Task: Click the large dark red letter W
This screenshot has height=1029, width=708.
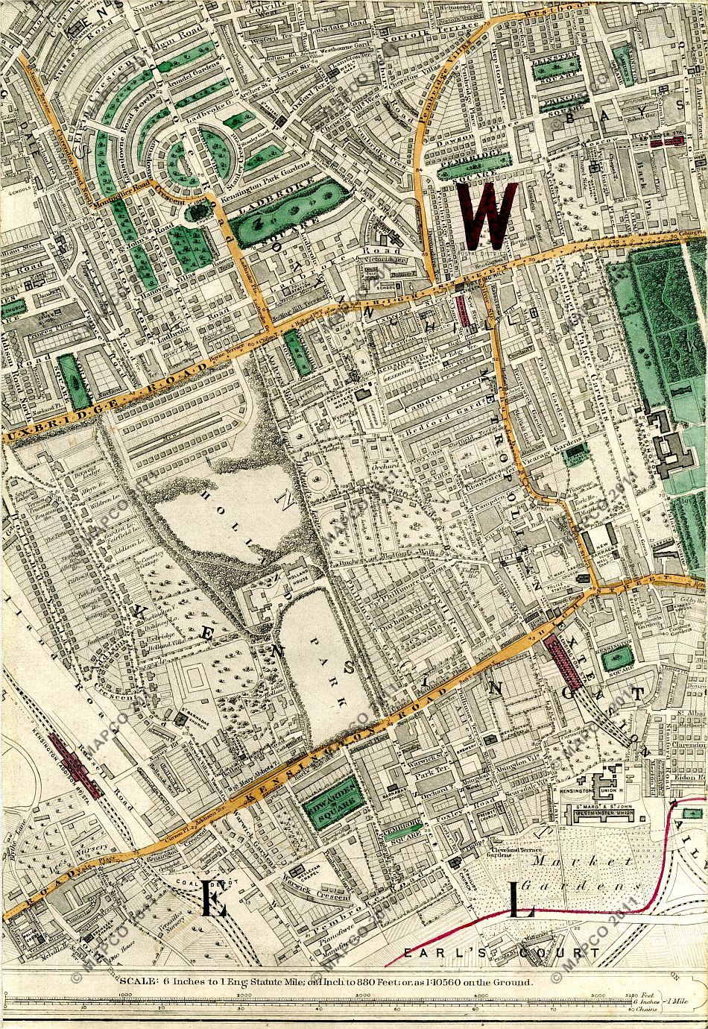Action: [x=488, y=215]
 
